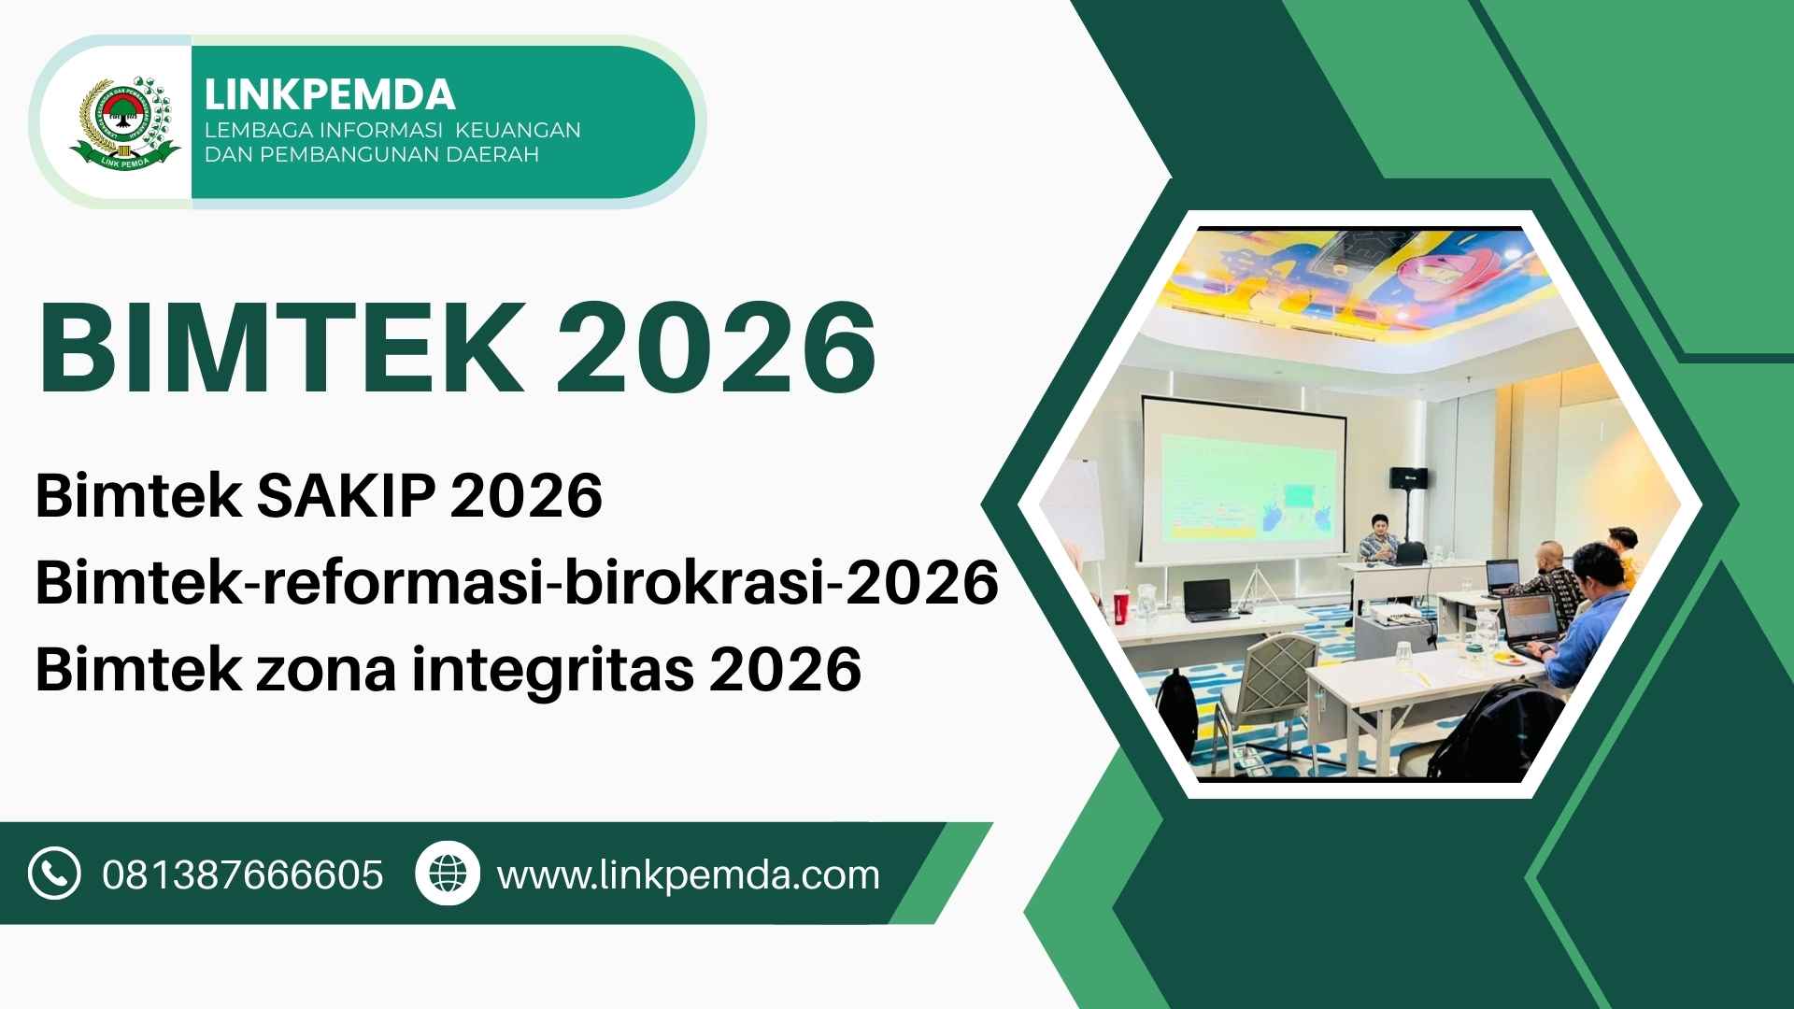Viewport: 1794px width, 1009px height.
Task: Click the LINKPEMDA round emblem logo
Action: [125, 122]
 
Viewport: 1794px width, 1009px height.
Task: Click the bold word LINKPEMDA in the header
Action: [330, 94]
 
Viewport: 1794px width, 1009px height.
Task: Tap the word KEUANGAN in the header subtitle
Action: [518, 130]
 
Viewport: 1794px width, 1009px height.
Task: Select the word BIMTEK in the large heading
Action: [281, 347]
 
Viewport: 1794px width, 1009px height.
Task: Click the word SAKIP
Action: [346, 495]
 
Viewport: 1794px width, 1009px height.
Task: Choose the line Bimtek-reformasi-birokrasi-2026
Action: [517, 583]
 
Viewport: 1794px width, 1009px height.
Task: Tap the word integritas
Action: [553, 670]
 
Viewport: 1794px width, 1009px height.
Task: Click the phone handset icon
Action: [54, 874]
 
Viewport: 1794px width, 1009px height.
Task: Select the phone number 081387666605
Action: [243, 875]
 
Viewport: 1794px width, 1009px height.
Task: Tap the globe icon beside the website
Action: [448, 874]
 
